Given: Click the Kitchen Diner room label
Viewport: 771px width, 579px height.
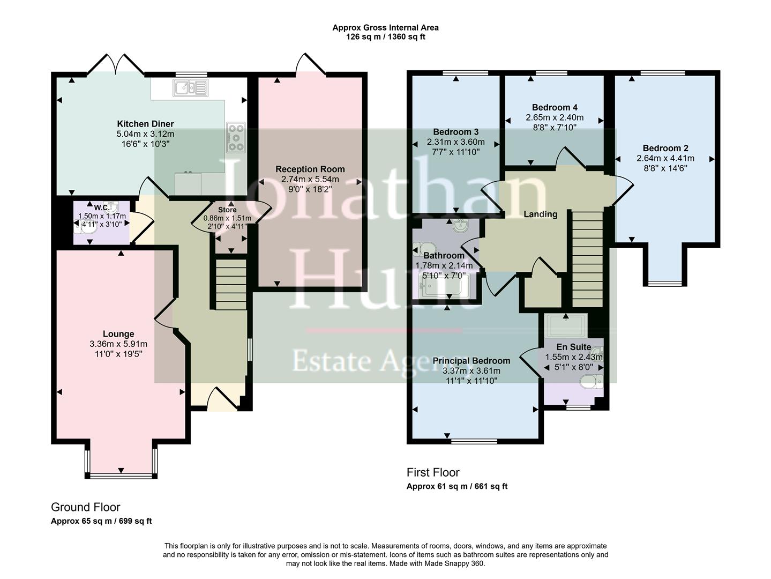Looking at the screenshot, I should (x=145, y=124).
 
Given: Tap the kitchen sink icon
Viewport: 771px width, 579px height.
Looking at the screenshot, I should (x=190, y=88).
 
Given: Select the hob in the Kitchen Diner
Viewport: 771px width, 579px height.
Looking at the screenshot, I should (x=236, y=137).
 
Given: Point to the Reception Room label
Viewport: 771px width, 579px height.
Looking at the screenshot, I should (x=310, y=169).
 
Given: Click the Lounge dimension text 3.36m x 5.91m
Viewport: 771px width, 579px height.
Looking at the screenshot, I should (x=118, y=344).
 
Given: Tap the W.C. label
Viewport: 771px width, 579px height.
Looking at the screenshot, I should (x=102, y=207).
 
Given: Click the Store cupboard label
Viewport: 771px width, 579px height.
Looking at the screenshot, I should (x=227, y=210).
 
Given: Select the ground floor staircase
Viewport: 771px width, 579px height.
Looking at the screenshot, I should (x=231, y=284).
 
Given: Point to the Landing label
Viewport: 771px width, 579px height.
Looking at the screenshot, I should (x=540, y=214).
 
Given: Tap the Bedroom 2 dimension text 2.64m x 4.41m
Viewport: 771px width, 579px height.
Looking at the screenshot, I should (x=665, y=158).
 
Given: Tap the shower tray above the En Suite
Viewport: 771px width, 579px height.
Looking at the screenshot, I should (x=565, y=325).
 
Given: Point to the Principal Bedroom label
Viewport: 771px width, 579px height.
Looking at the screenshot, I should (x=471, y=361).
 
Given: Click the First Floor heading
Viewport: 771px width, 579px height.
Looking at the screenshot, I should (x=433, y=472).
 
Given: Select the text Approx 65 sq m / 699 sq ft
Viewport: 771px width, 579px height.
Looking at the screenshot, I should (x=101, y=521).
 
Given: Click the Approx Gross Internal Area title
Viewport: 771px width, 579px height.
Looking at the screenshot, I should (x=385, y=27).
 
